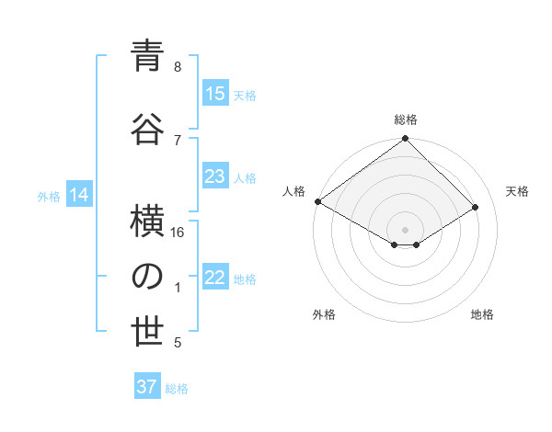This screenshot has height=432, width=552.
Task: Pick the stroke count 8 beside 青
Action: click(x=178, y=67)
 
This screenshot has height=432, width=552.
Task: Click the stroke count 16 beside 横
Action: click(x=178, y=233)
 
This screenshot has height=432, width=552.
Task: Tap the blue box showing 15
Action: click(x=214, y=94)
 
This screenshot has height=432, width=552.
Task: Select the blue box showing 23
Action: click(x=214, y=176)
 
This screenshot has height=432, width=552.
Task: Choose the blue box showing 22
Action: click(x=214, y=279)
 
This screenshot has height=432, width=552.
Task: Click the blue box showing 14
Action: click(x=79, y=195)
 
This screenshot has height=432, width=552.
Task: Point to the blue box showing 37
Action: click(x=147, y=387)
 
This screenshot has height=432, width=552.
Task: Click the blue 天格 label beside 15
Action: click(x=245, y=95)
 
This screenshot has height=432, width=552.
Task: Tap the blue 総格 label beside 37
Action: click(x=177, y=388)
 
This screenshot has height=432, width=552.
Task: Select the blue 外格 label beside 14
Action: click(x=49, y=196)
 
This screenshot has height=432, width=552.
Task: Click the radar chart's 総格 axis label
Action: click(x=406, y=119)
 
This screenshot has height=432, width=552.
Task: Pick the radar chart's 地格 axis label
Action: click(x=482, y=315)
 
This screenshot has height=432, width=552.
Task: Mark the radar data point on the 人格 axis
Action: click(x=317, y=201)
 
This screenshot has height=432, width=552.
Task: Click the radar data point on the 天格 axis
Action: click(x=476, y=208)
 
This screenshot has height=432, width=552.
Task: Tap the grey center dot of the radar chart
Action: click(x=405, y=228)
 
